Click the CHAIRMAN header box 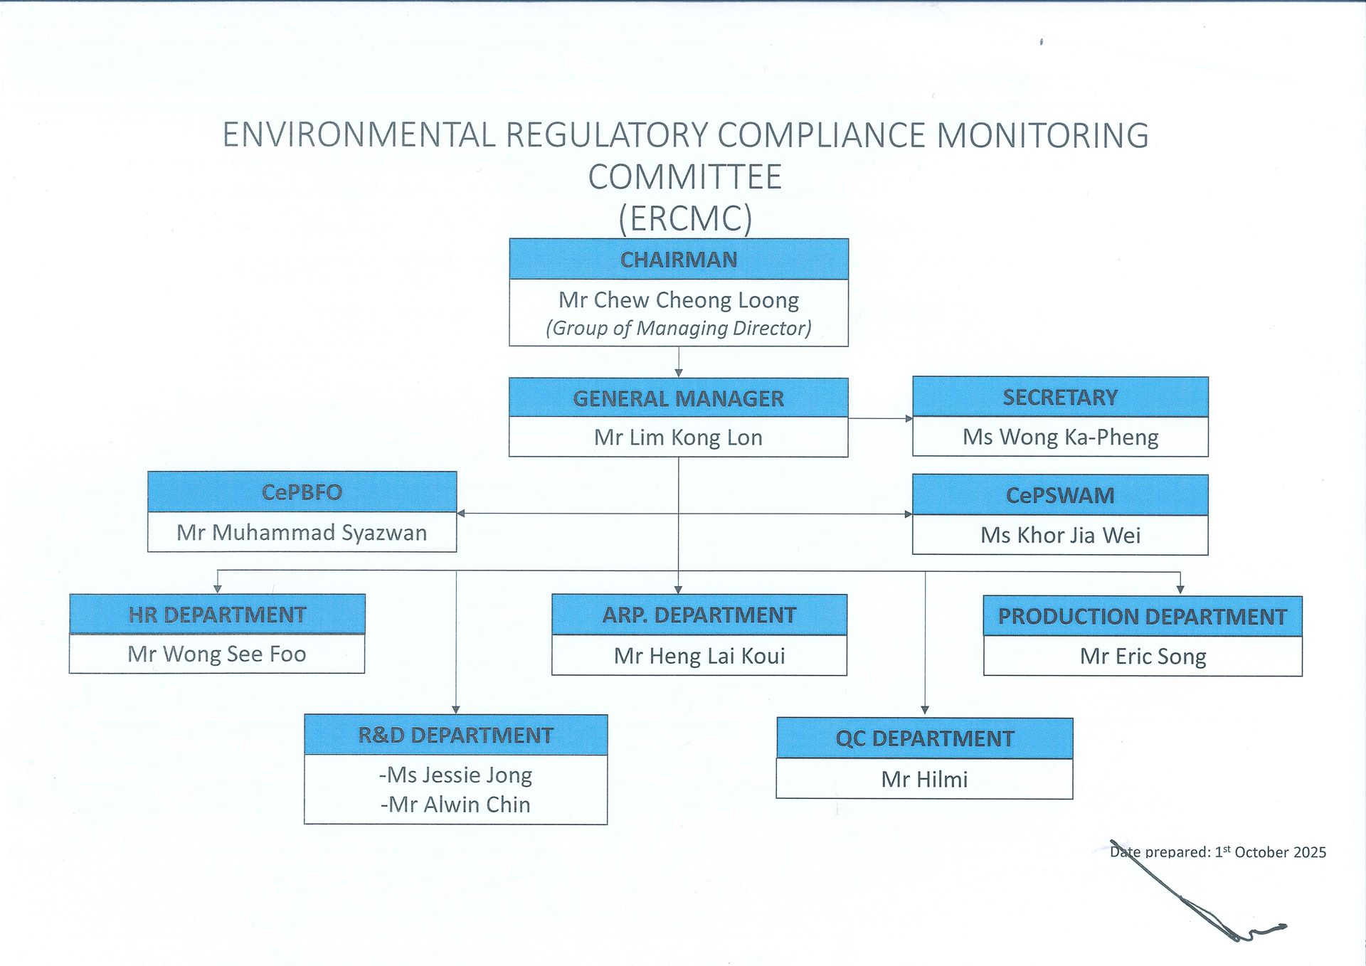(x=679, y=259)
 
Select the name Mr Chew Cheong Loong (x=679, y=300)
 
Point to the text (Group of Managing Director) (x=679, y=328)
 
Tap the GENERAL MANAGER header (x=679, y=398)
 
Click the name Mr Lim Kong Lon (x=679, y=437)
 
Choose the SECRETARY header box (x=1060, y=397)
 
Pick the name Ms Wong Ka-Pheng (x=1060, y=437)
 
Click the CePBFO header (x=302, y=492)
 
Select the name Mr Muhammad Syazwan (x=302, y=533)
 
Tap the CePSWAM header (x=1060, y=495)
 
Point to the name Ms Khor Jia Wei (x=1060, y=535)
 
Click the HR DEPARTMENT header (x=217, y=614)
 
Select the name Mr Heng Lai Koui (x=699, y=656)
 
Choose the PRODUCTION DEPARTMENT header (x=1143, y=616)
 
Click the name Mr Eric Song (x=1143, y=657)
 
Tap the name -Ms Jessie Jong (x=455, y=775)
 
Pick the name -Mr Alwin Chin (x=455, y=805)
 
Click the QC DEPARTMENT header (x=925, y=738)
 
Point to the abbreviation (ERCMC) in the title (x=685, y=218)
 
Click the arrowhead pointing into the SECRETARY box (x=909, y=418)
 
